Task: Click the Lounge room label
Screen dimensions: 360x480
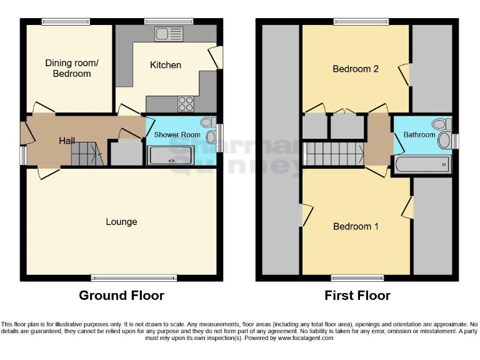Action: tap(121, 222)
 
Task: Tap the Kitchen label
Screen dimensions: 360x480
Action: tap(166, 65)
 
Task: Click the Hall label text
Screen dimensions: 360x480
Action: tap(67, 141)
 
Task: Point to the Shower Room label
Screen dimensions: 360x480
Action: tap(177, 135)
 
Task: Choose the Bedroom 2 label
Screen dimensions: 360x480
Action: tap(356, 69)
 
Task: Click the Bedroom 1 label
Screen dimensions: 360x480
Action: tap(356, 226)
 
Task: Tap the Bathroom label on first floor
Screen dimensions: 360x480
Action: tap(419, 134)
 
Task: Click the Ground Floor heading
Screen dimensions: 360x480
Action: tap(121, 296)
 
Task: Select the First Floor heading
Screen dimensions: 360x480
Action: tap(357, 296)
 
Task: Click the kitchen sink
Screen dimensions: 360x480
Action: tap(169, 34)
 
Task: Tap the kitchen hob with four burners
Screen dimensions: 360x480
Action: tap(186, 102)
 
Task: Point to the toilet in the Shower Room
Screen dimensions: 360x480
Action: tap(208, 124)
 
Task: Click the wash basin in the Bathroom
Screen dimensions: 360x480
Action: tap(444, 140)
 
